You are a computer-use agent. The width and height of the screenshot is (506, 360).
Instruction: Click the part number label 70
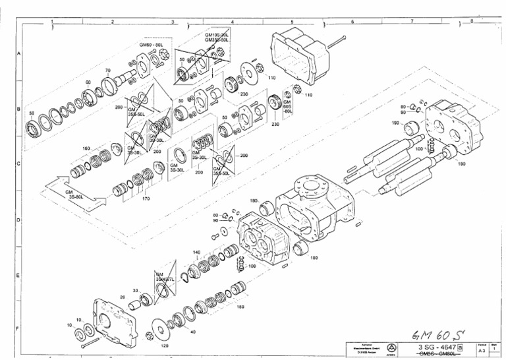[x=107, y=70]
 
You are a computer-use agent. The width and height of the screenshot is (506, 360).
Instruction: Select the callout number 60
[x=88, y=82]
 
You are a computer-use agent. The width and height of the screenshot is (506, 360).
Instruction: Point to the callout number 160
[x=86, y=149]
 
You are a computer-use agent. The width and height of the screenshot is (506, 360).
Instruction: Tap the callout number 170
[x=146, y=198]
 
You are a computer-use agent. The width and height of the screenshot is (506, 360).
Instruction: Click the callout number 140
[x=196, y=252]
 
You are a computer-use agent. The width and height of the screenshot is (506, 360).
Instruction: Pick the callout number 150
[x=240, y=307]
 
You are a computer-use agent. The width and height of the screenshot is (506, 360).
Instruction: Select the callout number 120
[x=164, y=345]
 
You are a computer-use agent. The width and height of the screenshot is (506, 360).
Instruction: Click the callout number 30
[x=136, y=291]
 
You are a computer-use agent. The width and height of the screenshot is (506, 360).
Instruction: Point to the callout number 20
[x=123, y=297]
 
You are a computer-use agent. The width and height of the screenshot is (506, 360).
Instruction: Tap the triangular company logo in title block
[x=392, y=348]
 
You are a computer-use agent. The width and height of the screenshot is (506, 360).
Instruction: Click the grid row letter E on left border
[x=18, y=275]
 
